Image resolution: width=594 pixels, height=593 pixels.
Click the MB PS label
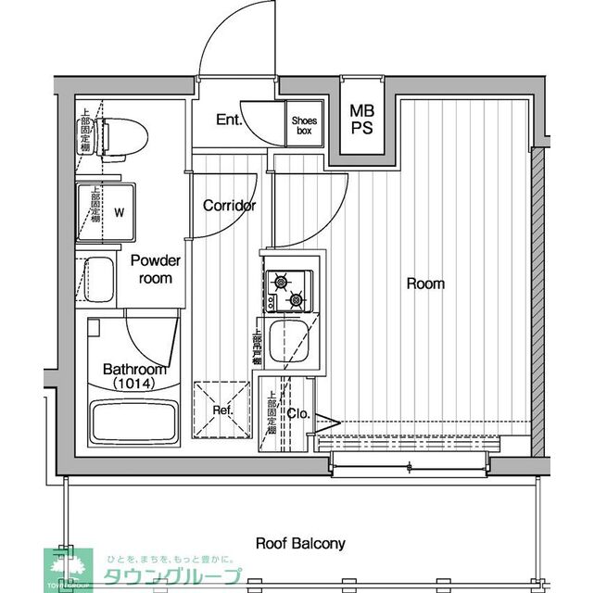(x=361, y=120)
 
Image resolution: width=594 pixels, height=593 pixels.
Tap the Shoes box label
(x=303, y=125)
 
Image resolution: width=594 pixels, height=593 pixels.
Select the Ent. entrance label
(x=229, y=120)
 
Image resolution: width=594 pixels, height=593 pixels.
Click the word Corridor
(x=229, y=206)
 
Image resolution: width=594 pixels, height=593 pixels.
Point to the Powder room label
(x=155, y=269)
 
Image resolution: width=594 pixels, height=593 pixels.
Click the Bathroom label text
(x=134, y=368)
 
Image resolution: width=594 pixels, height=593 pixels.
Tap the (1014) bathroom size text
(x=134, y=383)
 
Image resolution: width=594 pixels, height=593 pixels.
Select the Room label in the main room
(x=425, y=284)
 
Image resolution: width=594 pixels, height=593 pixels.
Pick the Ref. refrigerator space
(x=222, y=410)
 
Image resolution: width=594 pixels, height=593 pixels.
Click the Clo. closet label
(x=298, y=413)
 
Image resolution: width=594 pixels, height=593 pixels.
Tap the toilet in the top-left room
(x=120, y=138)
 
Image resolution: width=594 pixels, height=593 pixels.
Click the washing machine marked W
(x=116, y=210)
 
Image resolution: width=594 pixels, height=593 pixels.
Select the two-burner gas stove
(x=286, y=290)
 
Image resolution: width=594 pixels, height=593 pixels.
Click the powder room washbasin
(x=98, y=279)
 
